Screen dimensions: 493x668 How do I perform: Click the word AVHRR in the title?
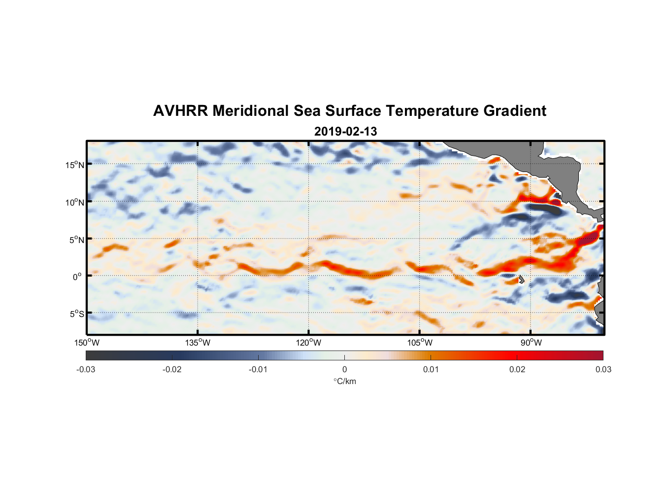pos(180,111)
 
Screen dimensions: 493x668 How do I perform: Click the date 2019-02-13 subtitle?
pos(345,132)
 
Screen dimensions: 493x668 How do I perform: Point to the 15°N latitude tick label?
pos(75,165)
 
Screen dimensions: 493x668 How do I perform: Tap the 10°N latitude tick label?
pos(75,202)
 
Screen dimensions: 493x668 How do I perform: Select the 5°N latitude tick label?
pos(76,240)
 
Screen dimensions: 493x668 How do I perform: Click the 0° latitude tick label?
pos(77,277)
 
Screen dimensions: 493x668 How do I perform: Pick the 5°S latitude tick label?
pos(76,314)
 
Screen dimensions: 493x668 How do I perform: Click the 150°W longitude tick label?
pos(87,343)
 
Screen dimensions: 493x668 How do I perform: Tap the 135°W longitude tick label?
pos(198,343)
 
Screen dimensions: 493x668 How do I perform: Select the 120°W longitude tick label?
pos(309,343)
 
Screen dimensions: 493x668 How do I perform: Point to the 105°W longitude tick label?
pos(420,343)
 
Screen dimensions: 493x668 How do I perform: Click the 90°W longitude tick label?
pos(531,343)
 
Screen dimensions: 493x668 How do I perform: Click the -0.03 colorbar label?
pos(86,369)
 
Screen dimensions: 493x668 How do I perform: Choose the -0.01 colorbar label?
pos(258,369)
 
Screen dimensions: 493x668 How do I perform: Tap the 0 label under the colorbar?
pos(344,369)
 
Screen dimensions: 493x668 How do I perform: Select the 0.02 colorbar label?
pos(517,369)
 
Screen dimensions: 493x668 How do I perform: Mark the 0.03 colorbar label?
pos(603,369)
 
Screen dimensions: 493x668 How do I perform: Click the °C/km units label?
pos(345,381)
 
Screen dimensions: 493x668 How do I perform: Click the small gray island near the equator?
pos(521,280)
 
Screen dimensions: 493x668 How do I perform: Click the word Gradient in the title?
pos(515,111)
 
